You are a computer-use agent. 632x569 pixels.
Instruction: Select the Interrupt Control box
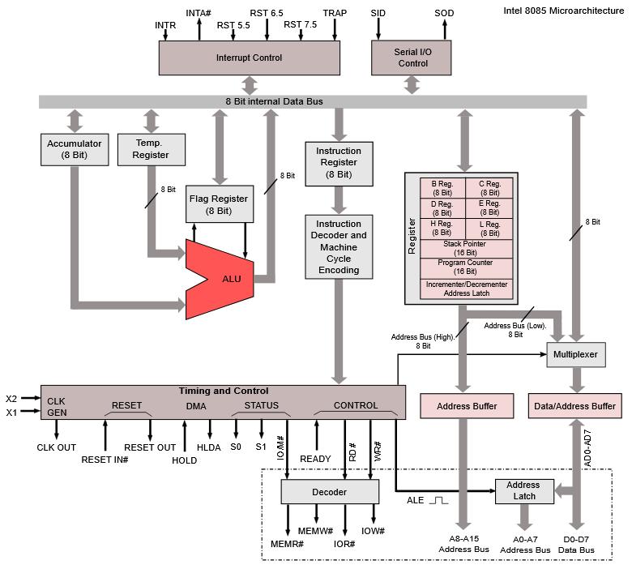(x=249, y=58)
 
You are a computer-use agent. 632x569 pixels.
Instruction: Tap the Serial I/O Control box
(x=412, y=58)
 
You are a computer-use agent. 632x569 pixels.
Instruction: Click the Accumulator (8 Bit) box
(x=75, y=149)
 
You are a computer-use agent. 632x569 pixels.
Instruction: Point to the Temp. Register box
(x=151, y=149)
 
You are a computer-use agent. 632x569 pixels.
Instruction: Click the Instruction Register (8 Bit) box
(x=339, y=162)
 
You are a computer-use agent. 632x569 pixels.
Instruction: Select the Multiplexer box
(x=575, y=355)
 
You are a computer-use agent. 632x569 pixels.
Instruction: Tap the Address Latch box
(x=523, y=490)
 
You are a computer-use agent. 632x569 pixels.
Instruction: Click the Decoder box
(x=330, y=491)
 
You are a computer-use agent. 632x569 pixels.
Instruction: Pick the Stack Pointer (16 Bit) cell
(x=466, y=248)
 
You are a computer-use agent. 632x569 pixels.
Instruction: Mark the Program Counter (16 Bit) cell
(x=466, y=267)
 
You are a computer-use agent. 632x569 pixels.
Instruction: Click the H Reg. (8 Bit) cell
(x=442, y=229)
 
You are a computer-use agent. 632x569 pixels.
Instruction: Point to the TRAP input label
(x=335, y=13)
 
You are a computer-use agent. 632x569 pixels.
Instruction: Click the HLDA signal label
(x=210, y=447)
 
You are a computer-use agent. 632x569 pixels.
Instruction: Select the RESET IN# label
(x=105, y=460)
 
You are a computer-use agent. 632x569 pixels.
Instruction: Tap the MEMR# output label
(x=287, y=542)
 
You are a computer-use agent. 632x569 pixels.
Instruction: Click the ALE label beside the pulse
(x=415, y=500)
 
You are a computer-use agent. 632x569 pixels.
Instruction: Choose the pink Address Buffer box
(x=466, y=406)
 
